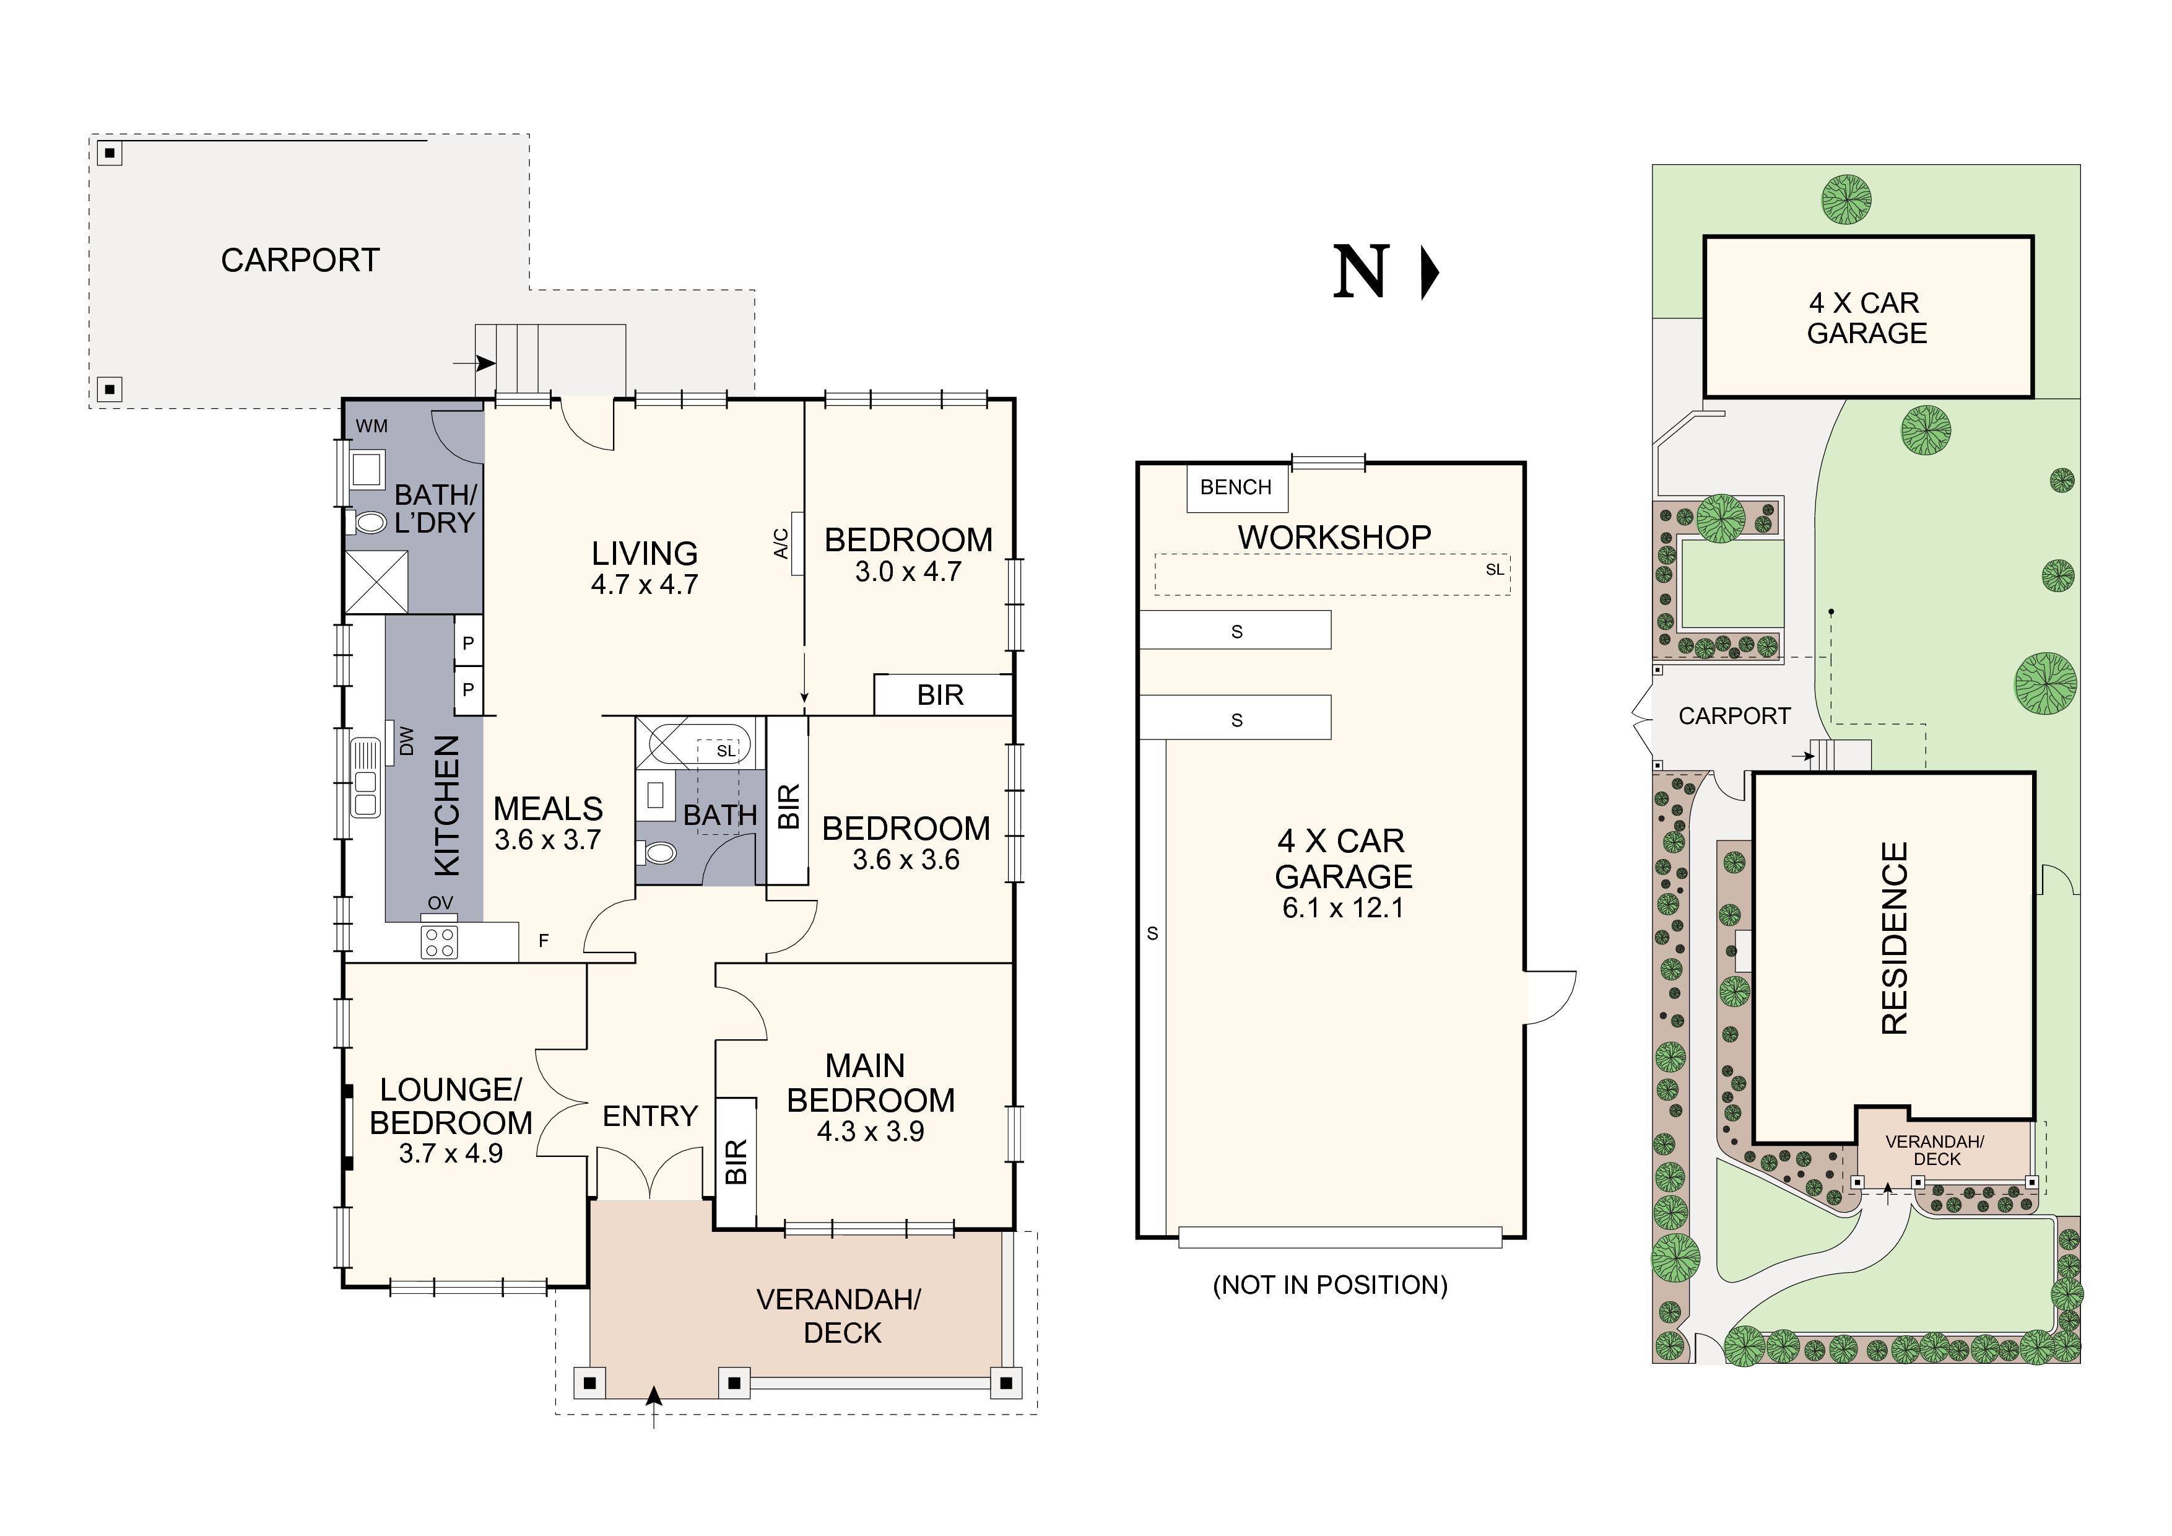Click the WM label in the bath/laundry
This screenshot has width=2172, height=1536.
click(x=371, y=426)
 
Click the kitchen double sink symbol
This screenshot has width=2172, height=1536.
click(x=365, y=778)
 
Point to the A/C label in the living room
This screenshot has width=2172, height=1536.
click(x=781, y=543)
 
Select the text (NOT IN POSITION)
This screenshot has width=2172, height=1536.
click(x=1330, y=1285)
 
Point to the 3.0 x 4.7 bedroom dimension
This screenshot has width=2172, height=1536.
click(x=908, y=572)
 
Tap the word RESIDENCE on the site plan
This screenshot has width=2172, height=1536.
click(x=1894, y=939)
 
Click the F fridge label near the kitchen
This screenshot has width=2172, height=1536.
click(x=544, y=941)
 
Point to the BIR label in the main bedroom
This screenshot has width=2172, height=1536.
click(x=736, y=1161)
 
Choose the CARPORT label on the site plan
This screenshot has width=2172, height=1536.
click(x=1735, y=717)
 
